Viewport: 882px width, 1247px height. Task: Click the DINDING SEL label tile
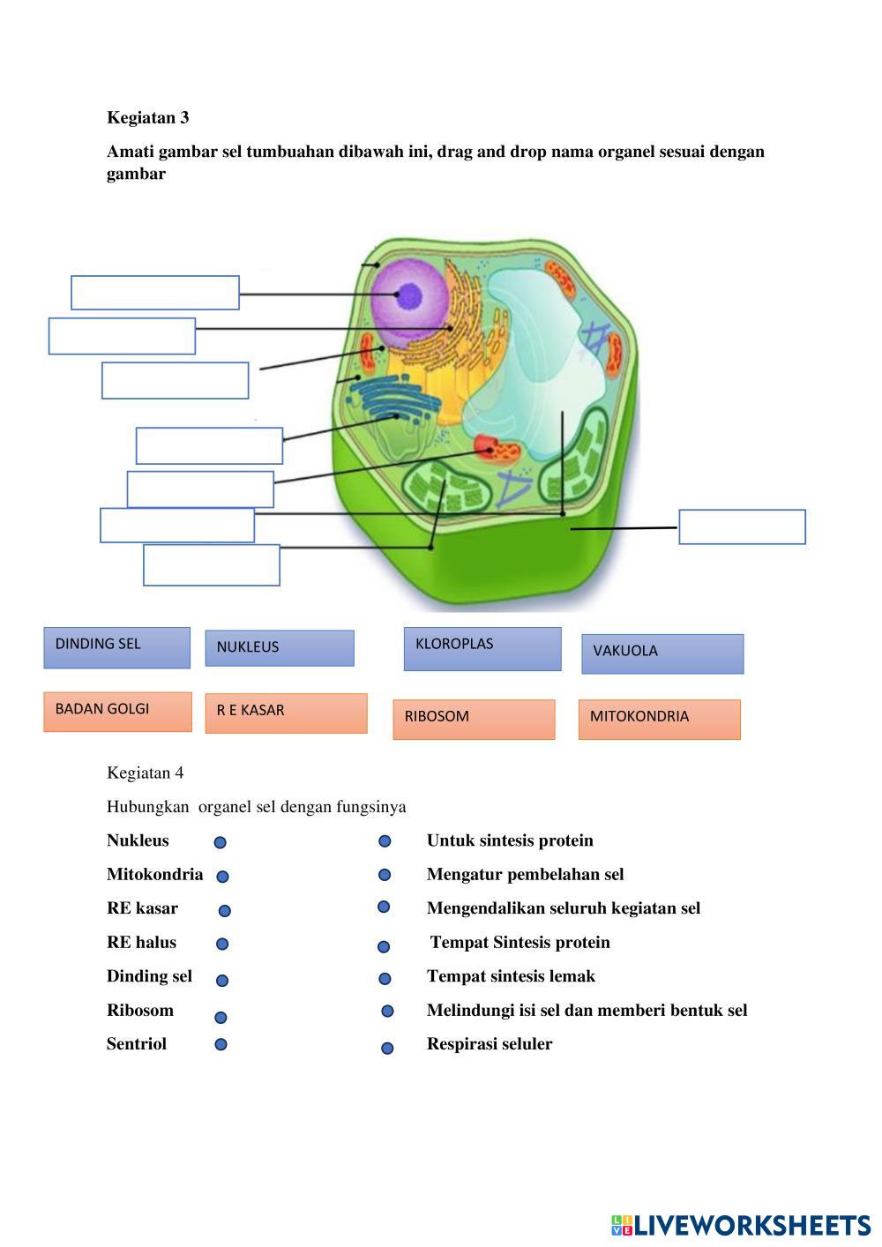coord(116,647)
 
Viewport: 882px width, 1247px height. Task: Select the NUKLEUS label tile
coord(280,648)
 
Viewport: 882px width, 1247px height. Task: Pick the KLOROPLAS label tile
coord(482,649)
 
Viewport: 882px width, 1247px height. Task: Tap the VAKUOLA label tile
coord(662,653)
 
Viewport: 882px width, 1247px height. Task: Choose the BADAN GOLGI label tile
coord(117,712)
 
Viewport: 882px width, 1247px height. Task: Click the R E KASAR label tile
coord(286,713)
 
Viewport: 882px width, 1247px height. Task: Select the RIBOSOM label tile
coord(474,719)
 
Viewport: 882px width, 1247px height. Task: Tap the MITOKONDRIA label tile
coord(659,719)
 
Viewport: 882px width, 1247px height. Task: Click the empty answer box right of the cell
coord(742,526)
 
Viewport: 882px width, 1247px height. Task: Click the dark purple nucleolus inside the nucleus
coord(409,296)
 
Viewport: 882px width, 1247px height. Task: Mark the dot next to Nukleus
coord(220,842)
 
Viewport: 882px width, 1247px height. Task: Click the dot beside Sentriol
coord(220,1044)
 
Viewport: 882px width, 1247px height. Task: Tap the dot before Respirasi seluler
coord(386,1048)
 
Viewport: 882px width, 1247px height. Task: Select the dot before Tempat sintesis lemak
coord(385,978)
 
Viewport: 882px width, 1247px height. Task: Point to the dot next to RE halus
coord(222,944)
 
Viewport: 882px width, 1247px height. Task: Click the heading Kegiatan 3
coord(147,117)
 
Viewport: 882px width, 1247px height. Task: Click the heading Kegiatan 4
coord(145,773)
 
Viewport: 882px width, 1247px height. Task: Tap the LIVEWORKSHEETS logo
coord(740,1224)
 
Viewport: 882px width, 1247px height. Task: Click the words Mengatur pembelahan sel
coord(525,874)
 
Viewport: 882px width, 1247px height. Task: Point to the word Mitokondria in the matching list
coord(154,874)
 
